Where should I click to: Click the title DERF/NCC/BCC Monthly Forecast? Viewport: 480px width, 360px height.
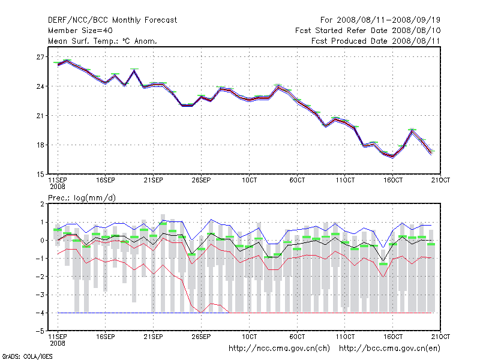click(112, 20)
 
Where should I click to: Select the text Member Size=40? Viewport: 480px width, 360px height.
click(80, 30)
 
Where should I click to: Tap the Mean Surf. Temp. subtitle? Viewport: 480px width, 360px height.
click(103, 41)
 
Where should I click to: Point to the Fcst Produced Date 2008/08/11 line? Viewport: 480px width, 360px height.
click(376, 41)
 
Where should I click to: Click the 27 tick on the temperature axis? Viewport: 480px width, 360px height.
click(40, 57)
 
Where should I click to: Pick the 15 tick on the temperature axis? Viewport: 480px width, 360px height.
click(40, 174)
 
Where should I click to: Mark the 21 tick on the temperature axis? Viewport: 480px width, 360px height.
click(40, 116)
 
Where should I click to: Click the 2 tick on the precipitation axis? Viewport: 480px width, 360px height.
click(42, 204)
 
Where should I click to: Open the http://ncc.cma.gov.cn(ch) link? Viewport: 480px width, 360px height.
click(280, 348)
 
